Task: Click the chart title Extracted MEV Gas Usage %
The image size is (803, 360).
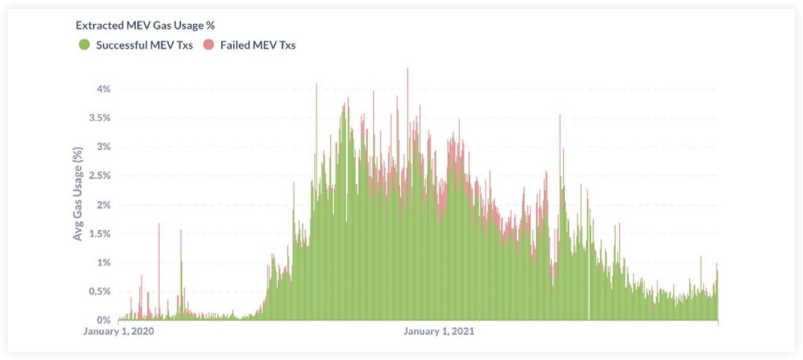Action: click(145, 26)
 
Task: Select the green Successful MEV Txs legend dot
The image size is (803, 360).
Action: click(84, 45)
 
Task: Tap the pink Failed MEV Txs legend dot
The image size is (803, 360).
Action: click(208, 45)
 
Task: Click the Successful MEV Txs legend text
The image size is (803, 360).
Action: click(144, 45)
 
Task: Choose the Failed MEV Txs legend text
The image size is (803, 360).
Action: click(258, 45)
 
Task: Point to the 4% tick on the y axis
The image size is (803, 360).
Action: click(104, 89)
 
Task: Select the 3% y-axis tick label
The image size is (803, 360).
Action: click(104, 147)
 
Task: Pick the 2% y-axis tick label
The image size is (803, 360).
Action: click(104, 205)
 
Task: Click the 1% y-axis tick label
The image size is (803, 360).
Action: click(104, 263)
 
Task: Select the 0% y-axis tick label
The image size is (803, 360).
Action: click(104, 320)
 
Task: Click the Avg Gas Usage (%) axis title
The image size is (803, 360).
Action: click(78, 193)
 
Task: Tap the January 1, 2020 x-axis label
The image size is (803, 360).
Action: click(119, 331)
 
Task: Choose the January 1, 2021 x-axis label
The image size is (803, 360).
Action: click(439, 331)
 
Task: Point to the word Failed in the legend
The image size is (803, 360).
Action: click(234, 45)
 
